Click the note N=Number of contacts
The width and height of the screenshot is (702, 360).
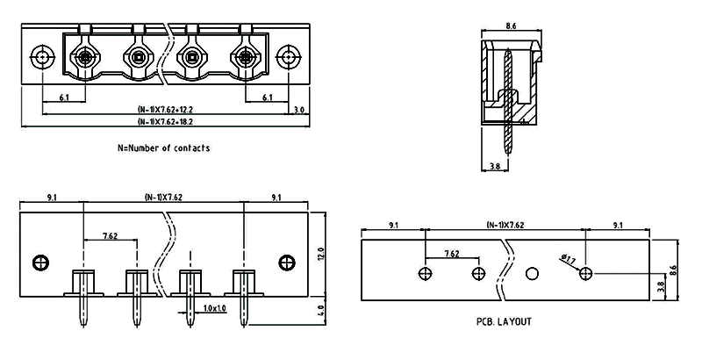[x=163, y=148]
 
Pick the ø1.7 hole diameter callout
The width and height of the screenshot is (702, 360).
[x=568, y=259]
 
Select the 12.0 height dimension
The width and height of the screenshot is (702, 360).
[x=321, y=255]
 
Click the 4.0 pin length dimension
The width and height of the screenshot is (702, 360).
[x=321, y=309]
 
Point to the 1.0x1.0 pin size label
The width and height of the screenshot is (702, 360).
[x=213, y=308]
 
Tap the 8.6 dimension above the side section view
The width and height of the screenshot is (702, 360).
[x=511, y=27]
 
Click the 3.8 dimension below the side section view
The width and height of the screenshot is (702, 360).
[x=494, y=165]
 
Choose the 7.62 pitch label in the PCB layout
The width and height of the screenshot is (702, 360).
[x=451, y=254]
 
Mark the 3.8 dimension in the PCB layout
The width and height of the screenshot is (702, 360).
[x=660, y=285]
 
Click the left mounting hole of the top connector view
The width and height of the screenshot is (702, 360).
[x=42, y=59]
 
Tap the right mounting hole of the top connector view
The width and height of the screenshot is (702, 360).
[x=287, y=59]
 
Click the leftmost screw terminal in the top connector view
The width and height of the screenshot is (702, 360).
[x=85, y=59]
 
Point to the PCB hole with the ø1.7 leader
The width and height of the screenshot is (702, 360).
[x=585, y=273]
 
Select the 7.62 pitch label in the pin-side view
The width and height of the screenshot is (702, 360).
[x=111, y=236]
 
